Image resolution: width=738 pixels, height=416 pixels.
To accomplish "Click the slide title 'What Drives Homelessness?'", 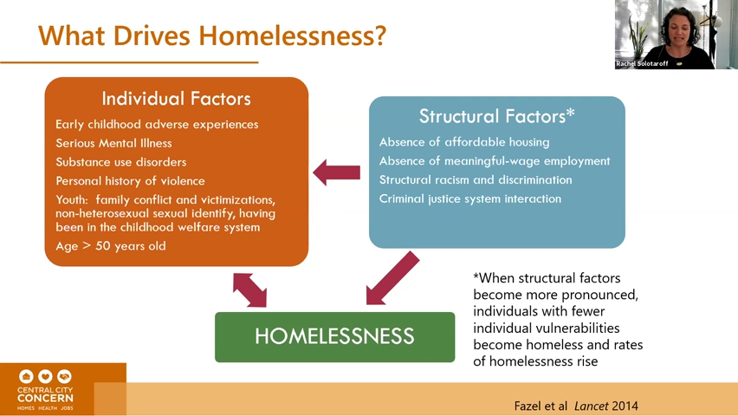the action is (212, 36).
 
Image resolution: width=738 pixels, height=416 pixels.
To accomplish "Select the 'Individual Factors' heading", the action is (177, 99).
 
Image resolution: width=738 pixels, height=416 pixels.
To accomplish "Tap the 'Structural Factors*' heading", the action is (497, 116).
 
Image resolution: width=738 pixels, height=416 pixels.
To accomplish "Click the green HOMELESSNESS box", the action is (334, 337).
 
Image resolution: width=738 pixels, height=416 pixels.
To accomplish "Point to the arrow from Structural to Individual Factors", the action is (337, 172).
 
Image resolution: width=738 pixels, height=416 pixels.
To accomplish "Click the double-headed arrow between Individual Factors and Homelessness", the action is (250, 290).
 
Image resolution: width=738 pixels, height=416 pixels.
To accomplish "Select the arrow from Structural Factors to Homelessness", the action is (392, 278).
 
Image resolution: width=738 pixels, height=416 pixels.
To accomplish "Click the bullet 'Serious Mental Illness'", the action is (113, 143).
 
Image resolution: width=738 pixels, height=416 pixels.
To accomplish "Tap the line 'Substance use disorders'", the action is (121, 162).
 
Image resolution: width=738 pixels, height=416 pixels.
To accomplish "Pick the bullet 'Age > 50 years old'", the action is (111, 246).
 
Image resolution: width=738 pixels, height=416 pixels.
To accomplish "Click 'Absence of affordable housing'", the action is (464, 142).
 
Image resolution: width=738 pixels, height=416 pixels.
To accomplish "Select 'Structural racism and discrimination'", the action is (476, 180).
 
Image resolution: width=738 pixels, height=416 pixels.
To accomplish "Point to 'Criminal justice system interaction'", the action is (470, 198).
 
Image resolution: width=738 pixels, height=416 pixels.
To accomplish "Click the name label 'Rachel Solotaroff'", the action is (642, 63).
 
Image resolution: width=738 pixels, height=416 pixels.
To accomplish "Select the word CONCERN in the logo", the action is (45, 399).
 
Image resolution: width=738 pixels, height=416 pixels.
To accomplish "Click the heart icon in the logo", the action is (45, 376).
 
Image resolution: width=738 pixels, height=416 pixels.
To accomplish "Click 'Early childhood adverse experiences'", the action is (157, 125).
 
